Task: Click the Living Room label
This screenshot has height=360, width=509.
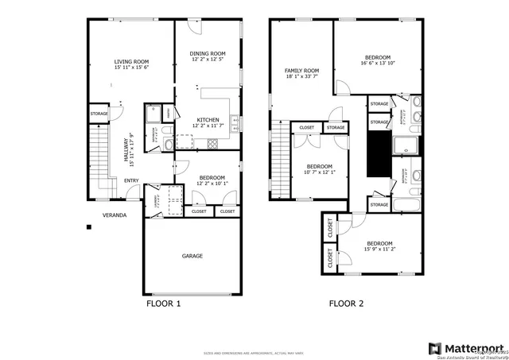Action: [130, 61]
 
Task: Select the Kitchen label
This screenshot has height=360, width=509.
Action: [208, 119]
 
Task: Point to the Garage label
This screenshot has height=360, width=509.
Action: [192, 256]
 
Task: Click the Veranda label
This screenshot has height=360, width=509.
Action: [115, 215]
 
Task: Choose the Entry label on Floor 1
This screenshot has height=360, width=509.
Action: [131, 180]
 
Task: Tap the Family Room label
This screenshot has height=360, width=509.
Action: [301, 71]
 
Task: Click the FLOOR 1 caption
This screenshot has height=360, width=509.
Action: [164, 304]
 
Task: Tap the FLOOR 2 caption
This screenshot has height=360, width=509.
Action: [347, 304]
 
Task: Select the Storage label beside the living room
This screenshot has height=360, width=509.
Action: [99, 114]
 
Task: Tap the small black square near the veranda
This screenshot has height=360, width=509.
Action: [90, 227]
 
